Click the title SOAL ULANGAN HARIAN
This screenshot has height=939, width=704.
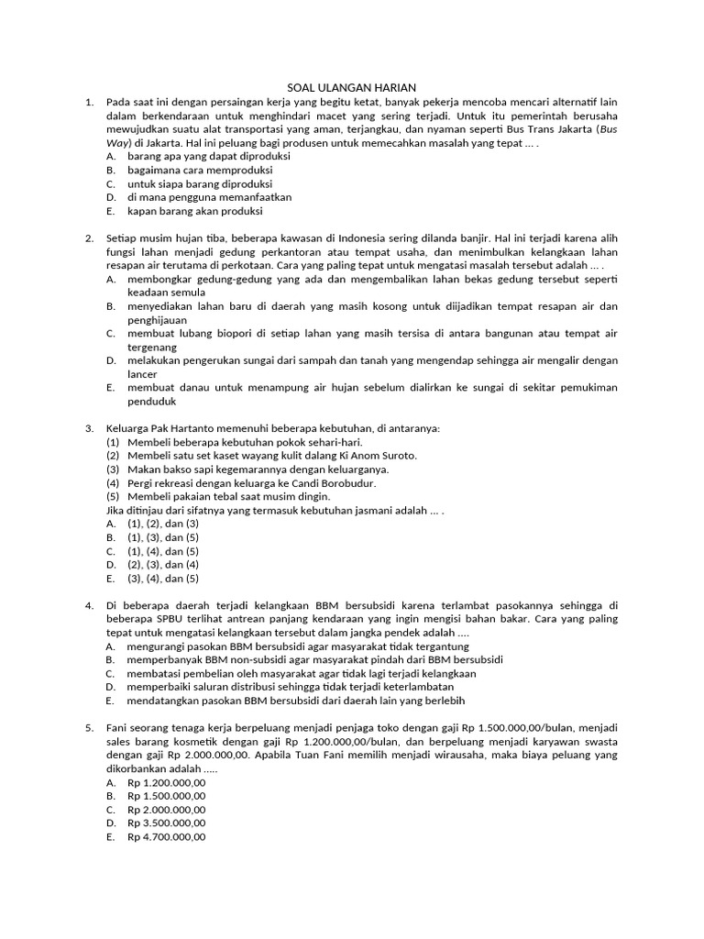pos(351,87)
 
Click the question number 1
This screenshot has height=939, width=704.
pos(89,103)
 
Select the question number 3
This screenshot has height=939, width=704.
pos(89,428)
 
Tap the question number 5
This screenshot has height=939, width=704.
pos(89,728)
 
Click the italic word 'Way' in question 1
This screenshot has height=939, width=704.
pos(117,143)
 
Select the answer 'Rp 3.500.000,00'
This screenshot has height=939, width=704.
pos(167,823)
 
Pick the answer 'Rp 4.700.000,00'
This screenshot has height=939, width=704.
pos(167,837)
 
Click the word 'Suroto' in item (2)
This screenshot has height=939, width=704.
pos(397,456)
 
